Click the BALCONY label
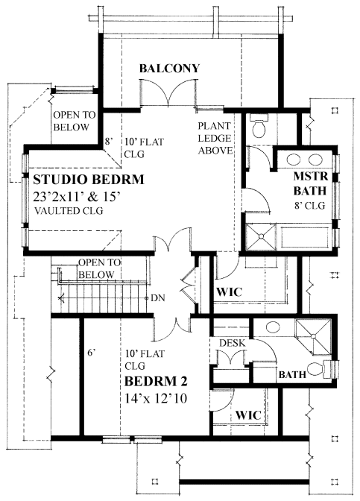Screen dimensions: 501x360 pyautogui.click(x=169, y=69)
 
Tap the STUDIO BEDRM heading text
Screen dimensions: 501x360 pyautogui.click(x=87, y=180)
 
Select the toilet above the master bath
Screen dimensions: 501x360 pyautogui.click(x=260, y=127)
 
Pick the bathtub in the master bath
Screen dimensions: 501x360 pyautogui.click(x=306, y=237)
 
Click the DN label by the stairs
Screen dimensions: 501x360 pyautogui.click(x=157, y=297)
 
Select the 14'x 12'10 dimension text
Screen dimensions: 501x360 pyautogui.click(x=157, y=399)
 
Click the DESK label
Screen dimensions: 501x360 pyautogui.click(x=232, y=342)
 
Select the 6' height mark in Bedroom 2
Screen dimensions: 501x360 pyautogui.click(x=91, y=353)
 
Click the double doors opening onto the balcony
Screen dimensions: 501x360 pyautogui.click(x=170, y=95)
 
